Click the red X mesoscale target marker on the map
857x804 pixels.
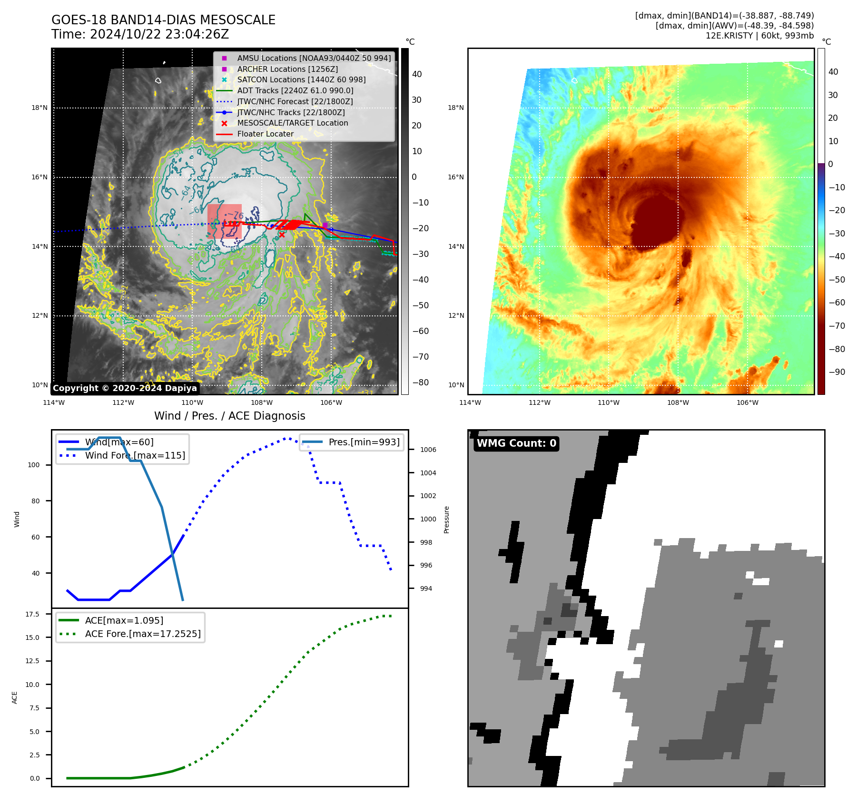pos(282,235)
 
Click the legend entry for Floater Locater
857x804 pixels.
pos(265,134)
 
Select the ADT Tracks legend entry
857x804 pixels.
pos(295,90)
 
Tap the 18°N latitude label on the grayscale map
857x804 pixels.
pos(39,108)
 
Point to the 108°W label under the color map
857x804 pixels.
pos(678,402)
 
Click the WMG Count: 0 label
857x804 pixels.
pos(516,443)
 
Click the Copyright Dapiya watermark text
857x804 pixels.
pos(125,388)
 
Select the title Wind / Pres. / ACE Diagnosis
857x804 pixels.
pos(230,416)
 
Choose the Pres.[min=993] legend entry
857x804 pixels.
pos(364,442)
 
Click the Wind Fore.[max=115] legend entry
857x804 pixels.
pos(135,455)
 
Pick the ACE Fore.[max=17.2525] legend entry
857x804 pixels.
pos(143,634)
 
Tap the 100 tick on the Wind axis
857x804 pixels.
pos(34,465)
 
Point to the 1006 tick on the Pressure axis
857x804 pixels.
pos(428,450)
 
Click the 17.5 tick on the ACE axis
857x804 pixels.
pos(32,614)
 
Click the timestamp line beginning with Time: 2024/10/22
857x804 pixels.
pos(140,35)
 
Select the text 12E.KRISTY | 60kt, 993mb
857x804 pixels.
pos(759,36)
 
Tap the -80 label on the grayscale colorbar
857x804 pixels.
pos(420,382)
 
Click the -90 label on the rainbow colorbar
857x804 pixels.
pos(837,372)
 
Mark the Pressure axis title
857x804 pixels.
pos(446,520)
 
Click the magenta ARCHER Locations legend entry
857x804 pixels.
pos(287,69)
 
